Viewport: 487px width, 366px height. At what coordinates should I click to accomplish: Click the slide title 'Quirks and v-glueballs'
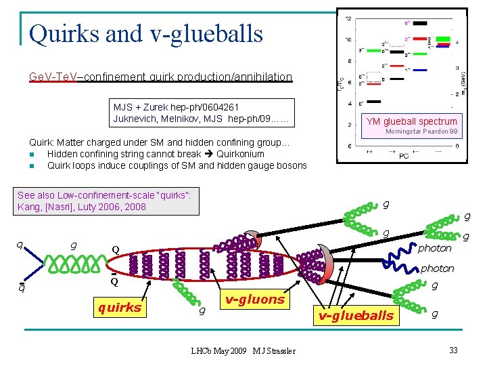point(145,32)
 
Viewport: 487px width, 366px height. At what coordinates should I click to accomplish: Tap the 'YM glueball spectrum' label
point(411,121)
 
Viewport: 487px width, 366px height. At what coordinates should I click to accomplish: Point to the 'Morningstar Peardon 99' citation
point(421,131)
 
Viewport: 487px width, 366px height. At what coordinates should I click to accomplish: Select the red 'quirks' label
point(120,307)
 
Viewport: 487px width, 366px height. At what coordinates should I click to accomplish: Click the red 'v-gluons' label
point(255,299)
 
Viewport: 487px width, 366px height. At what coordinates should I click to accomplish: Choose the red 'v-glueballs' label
point(356,315)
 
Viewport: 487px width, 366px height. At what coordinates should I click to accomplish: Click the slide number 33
point(453,350)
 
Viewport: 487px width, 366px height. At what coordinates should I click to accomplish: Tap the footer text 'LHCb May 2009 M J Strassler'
point(243,350)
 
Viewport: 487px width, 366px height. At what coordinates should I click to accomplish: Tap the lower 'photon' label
point(437,268)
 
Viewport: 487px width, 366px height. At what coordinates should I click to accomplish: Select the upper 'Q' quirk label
point(116,249)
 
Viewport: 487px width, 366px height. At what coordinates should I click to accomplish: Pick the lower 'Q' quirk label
point(115,281)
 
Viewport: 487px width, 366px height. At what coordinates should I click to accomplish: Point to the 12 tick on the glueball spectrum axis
point(348,18)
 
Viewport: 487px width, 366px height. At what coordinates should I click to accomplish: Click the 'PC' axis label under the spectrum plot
point(403,156)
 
